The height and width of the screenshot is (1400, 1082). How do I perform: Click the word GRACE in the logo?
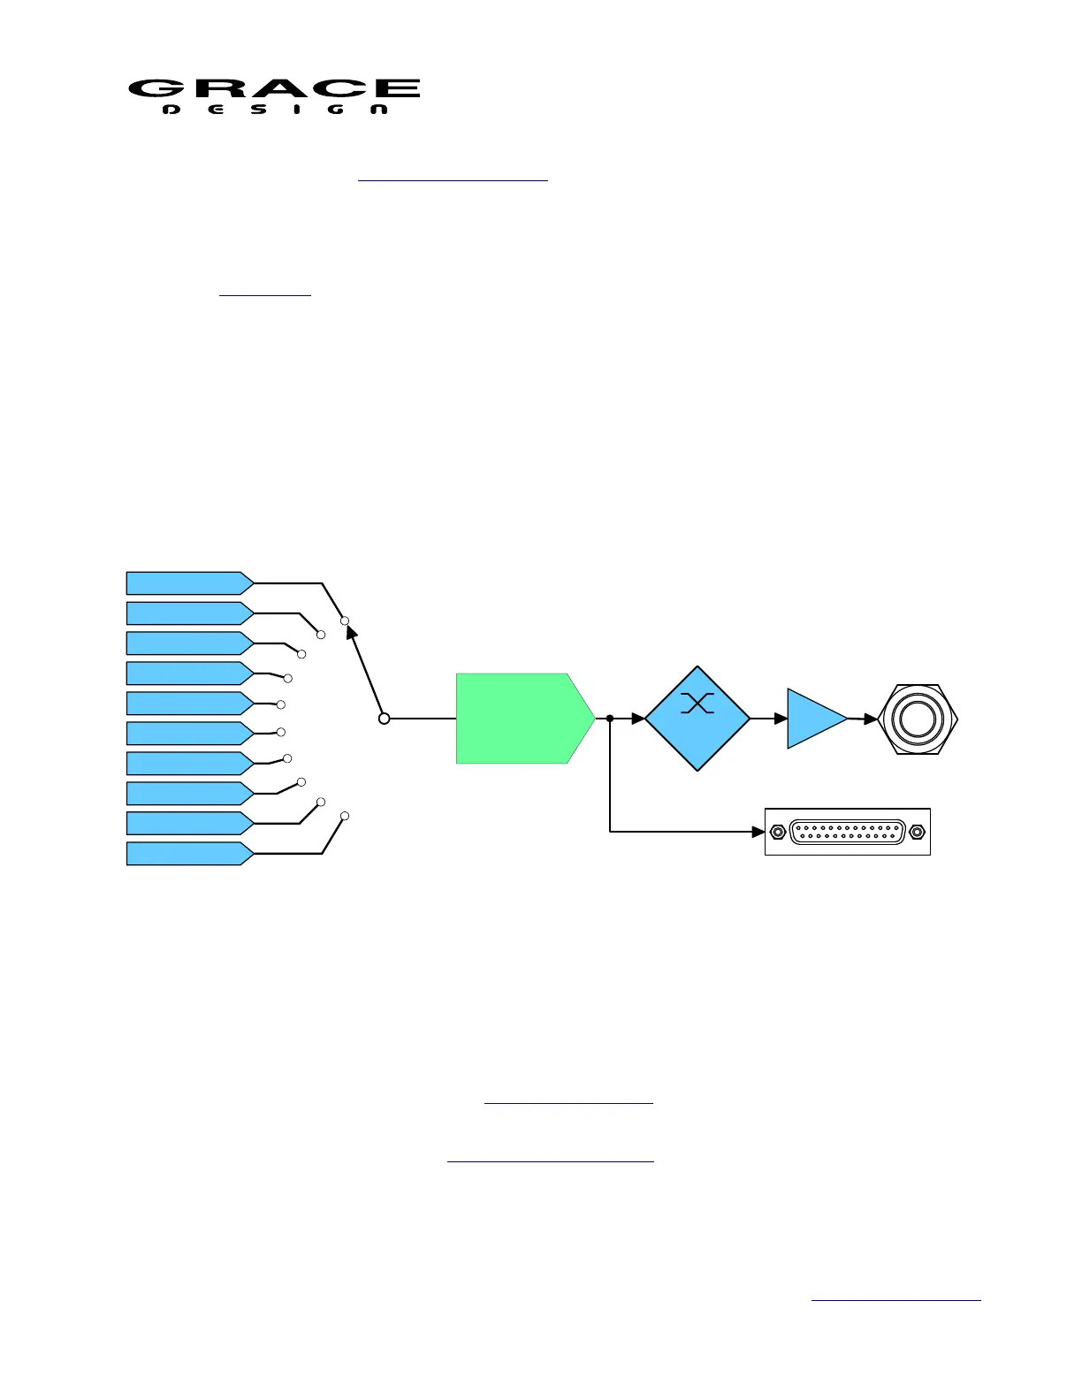pos(274,88)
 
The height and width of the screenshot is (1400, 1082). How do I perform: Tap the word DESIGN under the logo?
pos(275,110)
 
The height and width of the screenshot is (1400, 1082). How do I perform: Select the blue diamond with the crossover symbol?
pos(697,719)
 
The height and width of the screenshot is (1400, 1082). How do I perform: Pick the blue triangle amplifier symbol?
pos(814,719)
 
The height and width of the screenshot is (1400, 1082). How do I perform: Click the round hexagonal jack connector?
pos(918,719)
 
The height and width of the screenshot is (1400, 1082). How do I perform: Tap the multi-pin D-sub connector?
pos(847,832)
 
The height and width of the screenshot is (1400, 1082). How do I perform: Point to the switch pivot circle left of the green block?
pos(384,719)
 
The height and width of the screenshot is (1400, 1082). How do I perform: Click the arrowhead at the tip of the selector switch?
pos(351,633)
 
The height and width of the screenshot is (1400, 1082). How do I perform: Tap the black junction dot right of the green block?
pos(610,719)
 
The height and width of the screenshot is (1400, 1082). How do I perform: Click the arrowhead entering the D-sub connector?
pos(758,832)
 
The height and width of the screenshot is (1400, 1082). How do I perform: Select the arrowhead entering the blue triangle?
pos(781,719)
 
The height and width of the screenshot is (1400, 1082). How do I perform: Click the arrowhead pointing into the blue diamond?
pos(638,719)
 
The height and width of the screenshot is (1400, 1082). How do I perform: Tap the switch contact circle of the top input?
pos(345,620)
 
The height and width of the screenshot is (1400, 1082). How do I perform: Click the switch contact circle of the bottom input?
pos(345,816)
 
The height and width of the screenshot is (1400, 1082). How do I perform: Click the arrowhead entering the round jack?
pos(871,719)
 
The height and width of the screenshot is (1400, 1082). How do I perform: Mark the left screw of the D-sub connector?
pos(777,832)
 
